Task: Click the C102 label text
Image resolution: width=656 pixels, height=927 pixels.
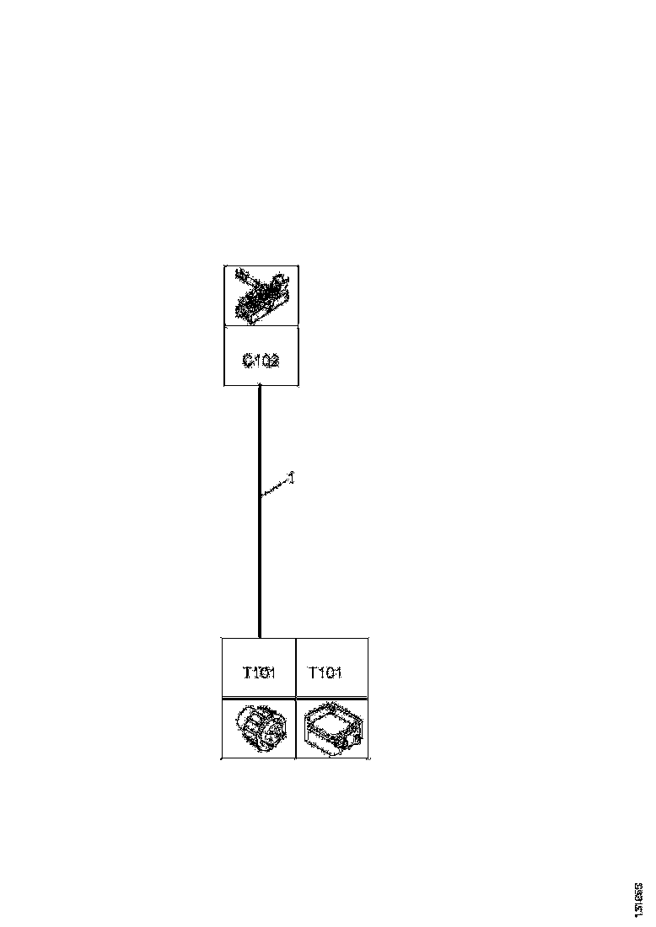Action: tap(261, 361)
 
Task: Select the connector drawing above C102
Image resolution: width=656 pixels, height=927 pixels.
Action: tap(261, 296)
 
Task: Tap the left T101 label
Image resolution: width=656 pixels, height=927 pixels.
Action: tap(259, 672)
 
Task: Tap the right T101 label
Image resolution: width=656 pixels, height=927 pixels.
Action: tap(325, 672)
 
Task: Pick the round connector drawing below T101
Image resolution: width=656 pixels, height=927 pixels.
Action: tap(258, 729)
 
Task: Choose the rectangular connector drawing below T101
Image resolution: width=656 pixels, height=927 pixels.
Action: tap(331, 728)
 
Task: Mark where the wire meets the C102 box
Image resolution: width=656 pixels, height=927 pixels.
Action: tap(259, 387)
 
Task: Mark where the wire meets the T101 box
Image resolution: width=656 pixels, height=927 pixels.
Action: tap(259, 637)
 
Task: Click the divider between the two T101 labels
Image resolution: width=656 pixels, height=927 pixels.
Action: tap(295, 668)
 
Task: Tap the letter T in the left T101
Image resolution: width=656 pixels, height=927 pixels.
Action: tap(247, 672)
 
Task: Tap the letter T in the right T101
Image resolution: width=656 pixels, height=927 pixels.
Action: tap(314, 672)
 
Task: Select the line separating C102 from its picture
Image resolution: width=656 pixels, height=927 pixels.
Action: tap(261, 327)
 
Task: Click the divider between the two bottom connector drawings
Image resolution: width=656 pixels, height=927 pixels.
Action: tap(295, 728)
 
